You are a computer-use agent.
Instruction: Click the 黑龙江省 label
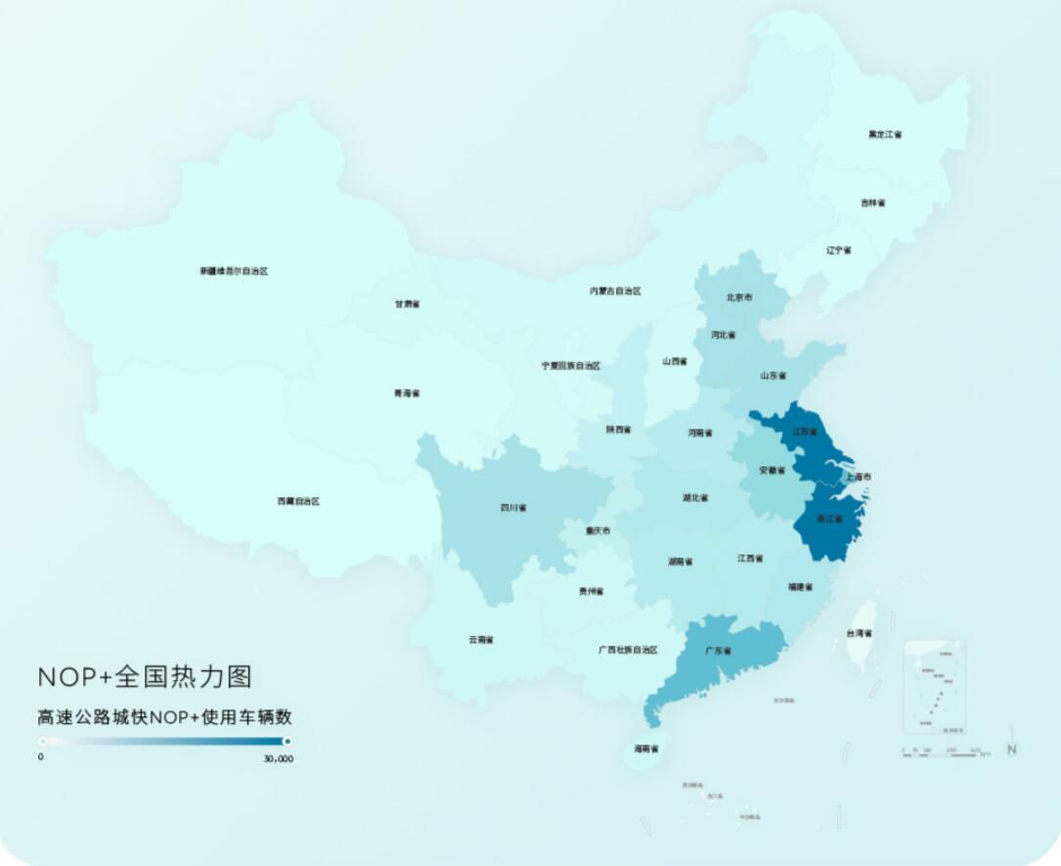(885, 134)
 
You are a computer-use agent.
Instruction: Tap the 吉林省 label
(872, 203)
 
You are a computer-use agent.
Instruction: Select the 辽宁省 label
(838, 251)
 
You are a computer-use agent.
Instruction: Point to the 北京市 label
(739, 296)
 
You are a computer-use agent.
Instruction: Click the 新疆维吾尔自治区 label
(234, 271)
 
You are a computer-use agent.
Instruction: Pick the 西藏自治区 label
(298, 501)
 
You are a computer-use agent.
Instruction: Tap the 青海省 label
(406, 393)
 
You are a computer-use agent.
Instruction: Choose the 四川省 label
(513, 508)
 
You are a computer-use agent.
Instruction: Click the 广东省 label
(718, 651)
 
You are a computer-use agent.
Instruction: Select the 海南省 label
(645, 749)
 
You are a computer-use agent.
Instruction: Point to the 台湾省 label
(859, 633)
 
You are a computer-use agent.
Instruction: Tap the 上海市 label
(858, 478)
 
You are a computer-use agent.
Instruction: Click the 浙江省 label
(828, 519)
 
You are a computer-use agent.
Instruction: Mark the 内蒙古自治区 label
(615, 291)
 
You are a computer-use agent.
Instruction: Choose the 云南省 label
(480, 640)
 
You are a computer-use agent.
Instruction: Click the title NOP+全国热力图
(145, 677)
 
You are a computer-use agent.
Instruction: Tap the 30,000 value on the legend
(278, 758)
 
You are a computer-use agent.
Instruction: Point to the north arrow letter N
(1012, 750)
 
